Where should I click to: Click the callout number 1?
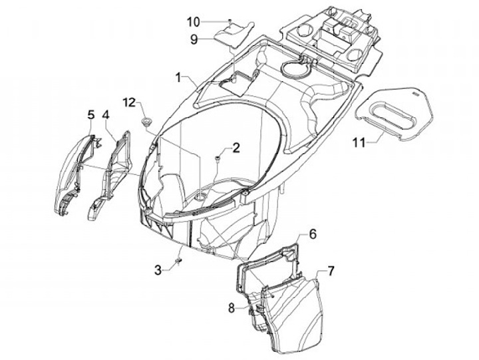click(178, 77)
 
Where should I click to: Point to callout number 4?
click(106, 115)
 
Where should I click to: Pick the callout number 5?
click(90, 115)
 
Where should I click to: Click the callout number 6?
click(312, 234)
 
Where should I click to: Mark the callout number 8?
click(232, 307)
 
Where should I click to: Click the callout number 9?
click(194, 39)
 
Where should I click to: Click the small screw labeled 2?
click(218, 158)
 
